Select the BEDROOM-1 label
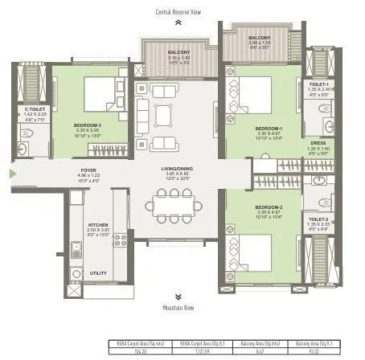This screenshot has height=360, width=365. click(269, 129)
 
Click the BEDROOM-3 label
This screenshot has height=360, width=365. click(86, 125)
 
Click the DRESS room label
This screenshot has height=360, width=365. click(319, 143)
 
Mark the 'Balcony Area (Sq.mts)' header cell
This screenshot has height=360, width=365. click(261, 343)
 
